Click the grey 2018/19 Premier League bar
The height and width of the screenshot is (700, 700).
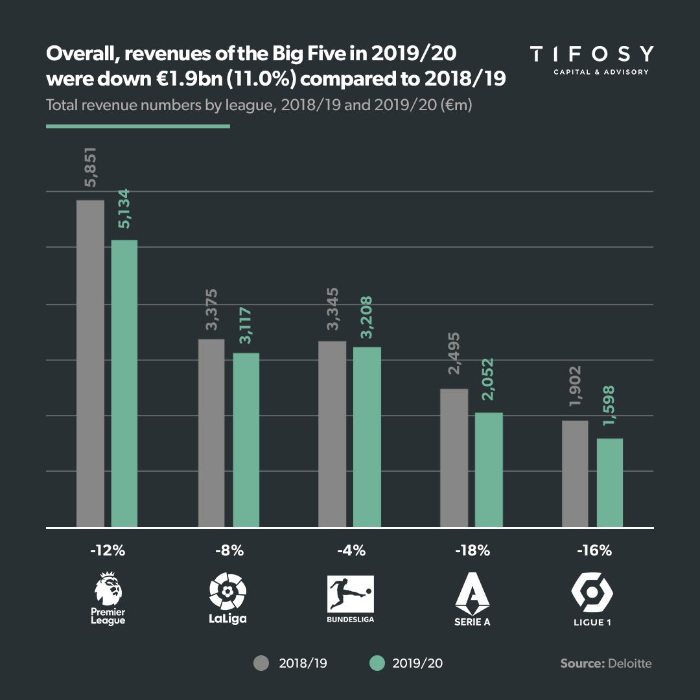(x=90, y=364)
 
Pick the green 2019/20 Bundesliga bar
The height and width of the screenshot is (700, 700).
(x=367, y=437)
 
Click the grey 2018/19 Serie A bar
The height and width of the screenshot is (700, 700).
(x=454, y=458)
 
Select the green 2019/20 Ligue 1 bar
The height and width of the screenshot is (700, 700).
(x=609, y=483)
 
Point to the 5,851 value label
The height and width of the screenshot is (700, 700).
(x=90, y=169)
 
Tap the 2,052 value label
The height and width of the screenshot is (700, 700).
(x=489, y=379)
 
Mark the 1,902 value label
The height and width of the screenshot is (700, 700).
(x=575, y=388)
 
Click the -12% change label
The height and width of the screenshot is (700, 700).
(x=108, y=552)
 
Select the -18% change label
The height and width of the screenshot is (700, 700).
(x=472, y=552)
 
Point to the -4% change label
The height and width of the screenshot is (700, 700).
(x=351, y=552)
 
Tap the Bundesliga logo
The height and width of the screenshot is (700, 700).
(x=351, y=594)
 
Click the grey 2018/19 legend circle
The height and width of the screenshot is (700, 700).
(x=261, y=663)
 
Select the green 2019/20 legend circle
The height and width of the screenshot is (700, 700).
(x=377, y=663)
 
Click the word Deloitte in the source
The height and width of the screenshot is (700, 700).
(x=629, y=663)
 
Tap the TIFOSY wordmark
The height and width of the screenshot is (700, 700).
(x=591, y=54)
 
